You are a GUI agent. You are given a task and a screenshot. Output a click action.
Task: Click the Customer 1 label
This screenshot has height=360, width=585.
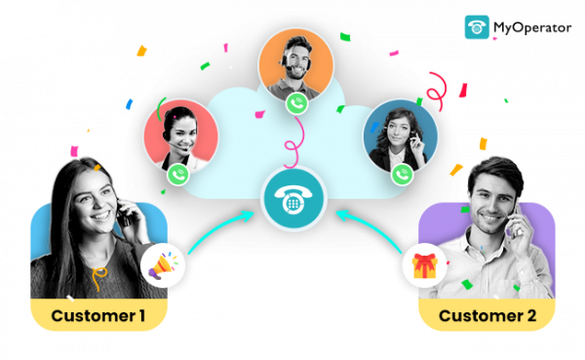tap(98, 315)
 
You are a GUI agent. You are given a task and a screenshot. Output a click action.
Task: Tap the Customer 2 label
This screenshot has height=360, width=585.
tap(487, 315)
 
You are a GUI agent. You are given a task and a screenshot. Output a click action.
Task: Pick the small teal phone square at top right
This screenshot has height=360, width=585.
tap(477, 26)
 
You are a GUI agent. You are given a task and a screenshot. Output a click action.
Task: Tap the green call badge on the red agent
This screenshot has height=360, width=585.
tap(177, 175)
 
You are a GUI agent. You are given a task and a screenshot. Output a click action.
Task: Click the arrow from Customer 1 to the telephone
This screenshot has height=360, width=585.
tap(219, 232)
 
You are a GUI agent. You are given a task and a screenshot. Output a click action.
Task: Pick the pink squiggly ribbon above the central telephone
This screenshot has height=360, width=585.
tap(289, 146)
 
